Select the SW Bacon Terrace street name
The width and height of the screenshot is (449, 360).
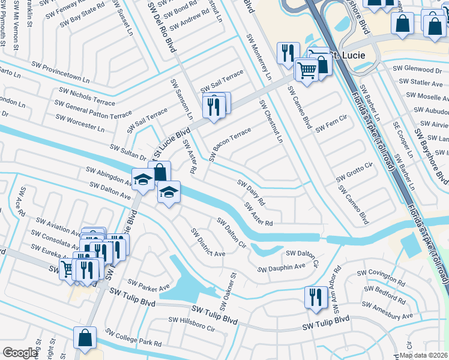click(x=231, y=144)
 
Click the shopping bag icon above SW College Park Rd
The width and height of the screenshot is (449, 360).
click(x=85, y=337)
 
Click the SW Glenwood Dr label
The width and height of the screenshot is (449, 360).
click(x=417, y=69)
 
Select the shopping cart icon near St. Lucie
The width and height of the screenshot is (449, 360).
click(x=307, y=70)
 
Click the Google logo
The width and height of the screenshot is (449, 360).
click(x=19, y=353)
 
